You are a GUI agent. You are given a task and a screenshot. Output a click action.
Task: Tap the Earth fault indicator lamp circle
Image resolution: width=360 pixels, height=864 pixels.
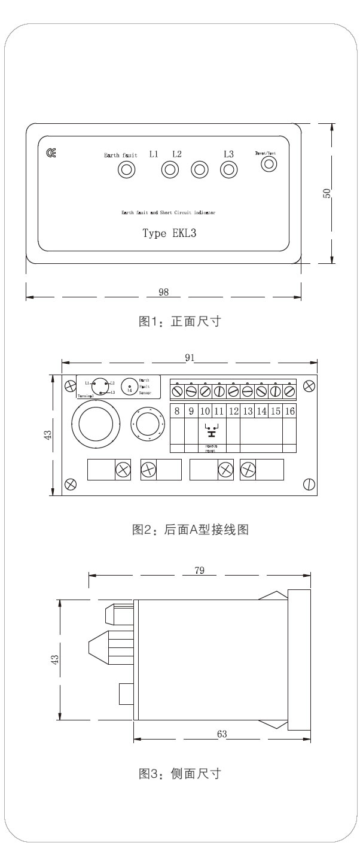pos(126,170)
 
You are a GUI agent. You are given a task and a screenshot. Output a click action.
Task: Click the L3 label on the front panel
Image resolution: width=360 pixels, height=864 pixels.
pos(228,154)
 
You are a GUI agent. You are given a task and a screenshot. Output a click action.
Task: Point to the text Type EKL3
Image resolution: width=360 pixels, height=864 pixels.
pos(169,233)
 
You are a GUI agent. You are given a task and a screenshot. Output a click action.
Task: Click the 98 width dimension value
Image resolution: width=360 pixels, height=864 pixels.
pos(163,292)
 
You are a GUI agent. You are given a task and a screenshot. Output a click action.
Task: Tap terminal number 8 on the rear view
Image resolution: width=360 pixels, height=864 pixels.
pos(177,411)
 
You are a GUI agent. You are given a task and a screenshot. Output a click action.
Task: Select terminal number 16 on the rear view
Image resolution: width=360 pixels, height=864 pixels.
pos(289,411)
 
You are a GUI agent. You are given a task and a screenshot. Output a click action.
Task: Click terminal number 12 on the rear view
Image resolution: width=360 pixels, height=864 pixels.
pos(233,411)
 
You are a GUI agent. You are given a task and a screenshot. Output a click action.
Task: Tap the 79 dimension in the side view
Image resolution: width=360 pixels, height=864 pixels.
pos(200,570)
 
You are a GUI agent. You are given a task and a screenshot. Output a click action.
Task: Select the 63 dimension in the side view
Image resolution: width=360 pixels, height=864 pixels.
pos(222,734)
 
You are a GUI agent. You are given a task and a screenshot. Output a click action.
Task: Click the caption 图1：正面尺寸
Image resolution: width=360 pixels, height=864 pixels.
pos(180,321)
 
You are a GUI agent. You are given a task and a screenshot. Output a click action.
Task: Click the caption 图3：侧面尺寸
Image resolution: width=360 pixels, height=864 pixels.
pos(180,774)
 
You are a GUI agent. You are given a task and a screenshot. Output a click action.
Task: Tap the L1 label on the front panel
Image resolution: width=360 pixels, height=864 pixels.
pos(154,154)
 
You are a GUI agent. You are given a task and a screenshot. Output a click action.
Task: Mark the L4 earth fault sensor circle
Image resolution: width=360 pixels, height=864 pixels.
pos(130,387)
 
